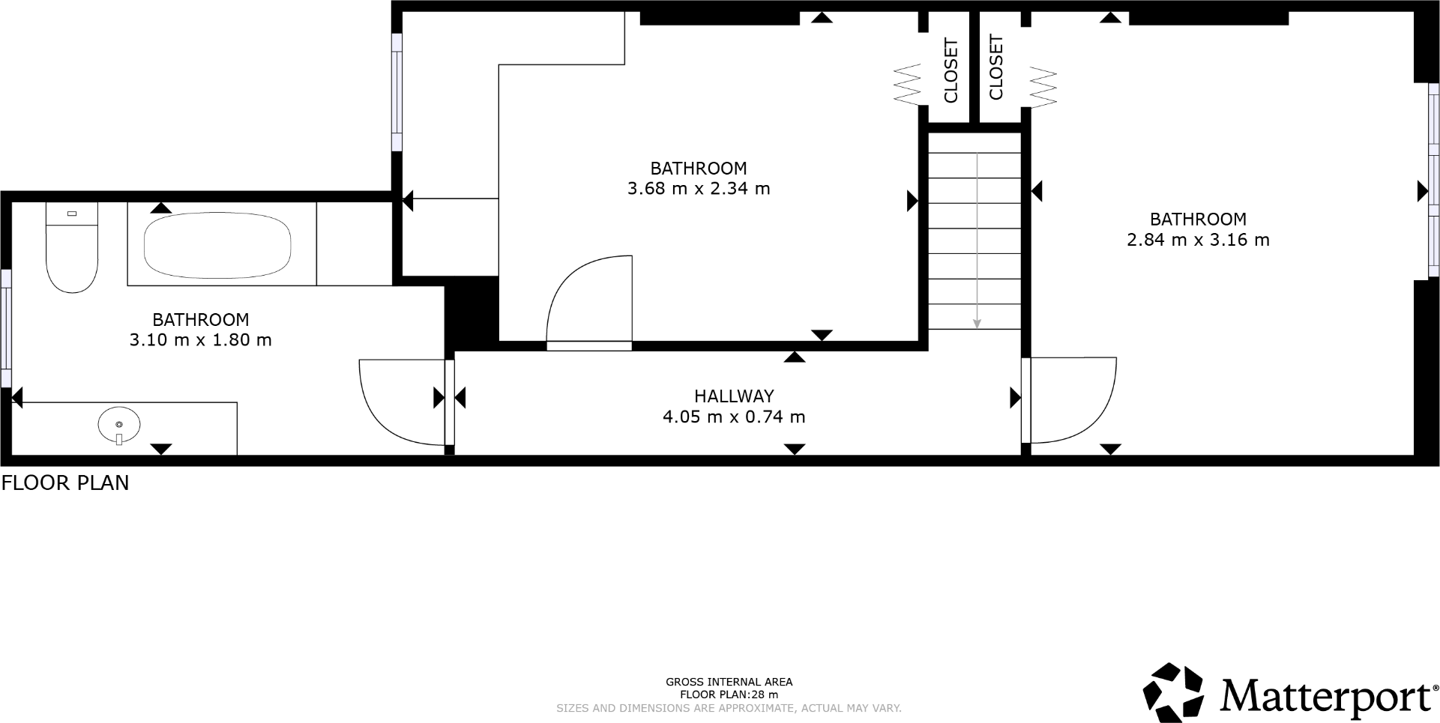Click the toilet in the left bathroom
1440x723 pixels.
click(72, 255)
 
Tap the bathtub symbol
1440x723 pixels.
click(217, 246)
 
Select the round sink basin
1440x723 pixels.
click(119, 425)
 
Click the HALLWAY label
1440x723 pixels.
click(733, 396)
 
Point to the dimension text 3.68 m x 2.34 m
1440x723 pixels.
click(699, 189)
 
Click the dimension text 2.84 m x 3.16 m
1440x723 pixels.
click(1198, 241)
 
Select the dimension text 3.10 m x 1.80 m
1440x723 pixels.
click(200, 340)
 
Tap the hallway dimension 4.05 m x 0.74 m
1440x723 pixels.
click(733, 417)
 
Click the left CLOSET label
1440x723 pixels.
click(951, 70)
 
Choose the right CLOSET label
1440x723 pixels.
click(996, 67)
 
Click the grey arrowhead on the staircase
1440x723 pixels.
click(977, 323)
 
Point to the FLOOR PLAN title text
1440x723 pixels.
click(65, 483)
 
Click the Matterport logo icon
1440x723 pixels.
click(1173, 692)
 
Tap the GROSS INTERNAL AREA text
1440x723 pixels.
click(729, 682)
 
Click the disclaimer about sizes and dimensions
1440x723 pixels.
click(729, 708)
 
